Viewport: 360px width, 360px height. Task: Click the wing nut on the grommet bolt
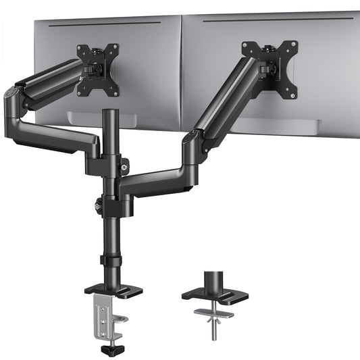point(215,313)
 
